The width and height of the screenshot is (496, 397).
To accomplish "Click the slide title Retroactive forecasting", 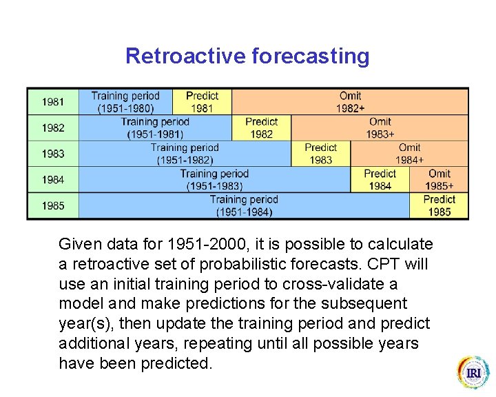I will point(247,56).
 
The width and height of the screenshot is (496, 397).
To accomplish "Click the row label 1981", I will point(53,102).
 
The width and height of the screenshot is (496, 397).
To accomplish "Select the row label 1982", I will point(53,128).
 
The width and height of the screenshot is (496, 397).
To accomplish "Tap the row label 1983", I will point(53,154).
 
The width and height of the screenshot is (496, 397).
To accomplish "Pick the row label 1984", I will point(53,180).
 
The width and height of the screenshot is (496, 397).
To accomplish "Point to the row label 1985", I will point(53,205).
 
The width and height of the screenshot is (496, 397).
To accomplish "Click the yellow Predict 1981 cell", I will point(202,102).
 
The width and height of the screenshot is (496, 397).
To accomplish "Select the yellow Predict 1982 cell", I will point(261,128).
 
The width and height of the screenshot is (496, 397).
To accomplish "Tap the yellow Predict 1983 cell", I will point(320,154).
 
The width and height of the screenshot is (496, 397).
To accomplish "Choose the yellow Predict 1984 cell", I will point(380,180).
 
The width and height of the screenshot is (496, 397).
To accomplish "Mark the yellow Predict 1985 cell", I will point(439,205).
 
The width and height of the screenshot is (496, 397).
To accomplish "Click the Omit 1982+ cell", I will point(350,102).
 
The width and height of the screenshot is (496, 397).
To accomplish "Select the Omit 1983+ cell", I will point(380,128).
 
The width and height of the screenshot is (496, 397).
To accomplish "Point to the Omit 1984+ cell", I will point(409,154).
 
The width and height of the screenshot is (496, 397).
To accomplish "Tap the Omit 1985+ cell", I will point(439,180).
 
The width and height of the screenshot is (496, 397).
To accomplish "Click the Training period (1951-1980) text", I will point(125,102).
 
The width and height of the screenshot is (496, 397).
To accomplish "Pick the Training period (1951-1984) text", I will point(244,205).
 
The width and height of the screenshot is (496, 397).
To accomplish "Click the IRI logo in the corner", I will point(473,373).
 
